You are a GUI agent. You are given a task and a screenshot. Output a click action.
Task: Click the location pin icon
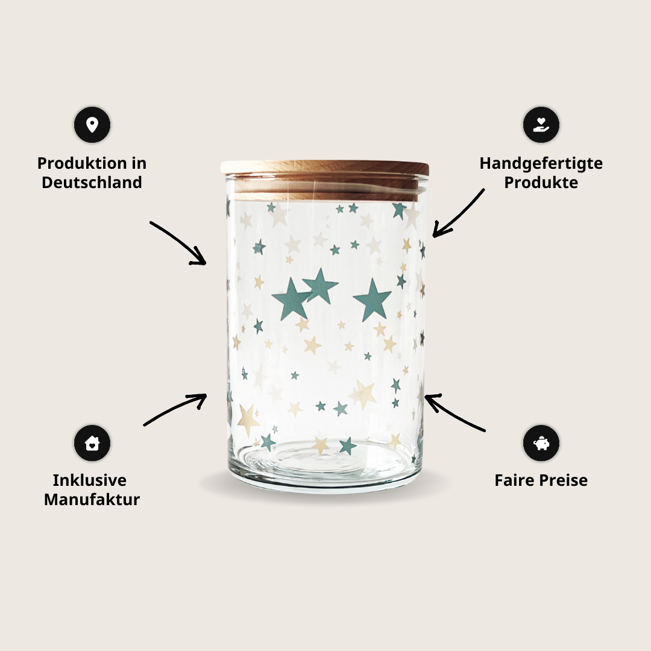(x=92, y=125)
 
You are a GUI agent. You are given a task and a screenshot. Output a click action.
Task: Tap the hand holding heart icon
(x=541, y=125)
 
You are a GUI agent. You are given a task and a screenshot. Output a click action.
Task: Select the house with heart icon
(x=92, y=443)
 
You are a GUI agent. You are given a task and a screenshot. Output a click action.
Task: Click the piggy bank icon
(x=541, y=443)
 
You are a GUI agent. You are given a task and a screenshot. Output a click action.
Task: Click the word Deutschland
(x=92, y=182)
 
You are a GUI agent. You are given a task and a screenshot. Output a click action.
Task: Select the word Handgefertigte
(x=541, y=164)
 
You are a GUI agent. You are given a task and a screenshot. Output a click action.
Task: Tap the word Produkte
(x=541, y=182)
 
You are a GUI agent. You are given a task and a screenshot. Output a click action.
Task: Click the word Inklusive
(x=90, y=480)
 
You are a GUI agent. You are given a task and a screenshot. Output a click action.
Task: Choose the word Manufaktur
(x=92, y=499)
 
